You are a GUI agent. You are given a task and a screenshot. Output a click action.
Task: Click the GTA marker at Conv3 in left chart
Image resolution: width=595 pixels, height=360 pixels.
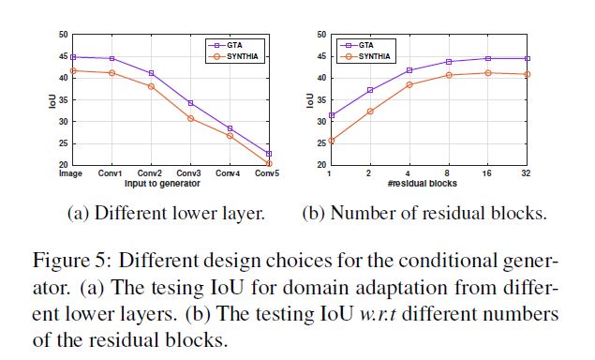190,102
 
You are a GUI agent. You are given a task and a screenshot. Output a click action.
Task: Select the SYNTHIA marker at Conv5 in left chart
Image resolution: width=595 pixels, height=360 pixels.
269,163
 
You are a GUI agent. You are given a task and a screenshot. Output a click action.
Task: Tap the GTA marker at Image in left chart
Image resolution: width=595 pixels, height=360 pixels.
72,57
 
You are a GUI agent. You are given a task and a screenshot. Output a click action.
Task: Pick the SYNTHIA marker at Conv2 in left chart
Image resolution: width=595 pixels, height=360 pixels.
151,86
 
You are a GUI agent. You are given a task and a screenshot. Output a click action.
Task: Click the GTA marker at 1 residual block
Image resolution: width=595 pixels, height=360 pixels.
332,115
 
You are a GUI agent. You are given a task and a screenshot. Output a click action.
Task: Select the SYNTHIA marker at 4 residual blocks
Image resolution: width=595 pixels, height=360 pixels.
410,84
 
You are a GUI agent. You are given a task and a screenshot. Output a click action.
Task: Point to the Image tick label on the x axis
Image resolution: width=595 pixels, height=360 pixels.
72,173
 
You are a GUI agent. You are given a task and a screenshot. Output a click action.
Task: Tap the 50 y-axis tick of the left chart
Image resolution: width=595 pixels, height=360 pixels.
63,35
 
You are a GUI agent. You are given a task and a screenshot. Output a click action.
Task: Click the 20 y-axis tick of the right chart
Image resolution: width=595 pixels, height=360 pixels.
322,165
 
